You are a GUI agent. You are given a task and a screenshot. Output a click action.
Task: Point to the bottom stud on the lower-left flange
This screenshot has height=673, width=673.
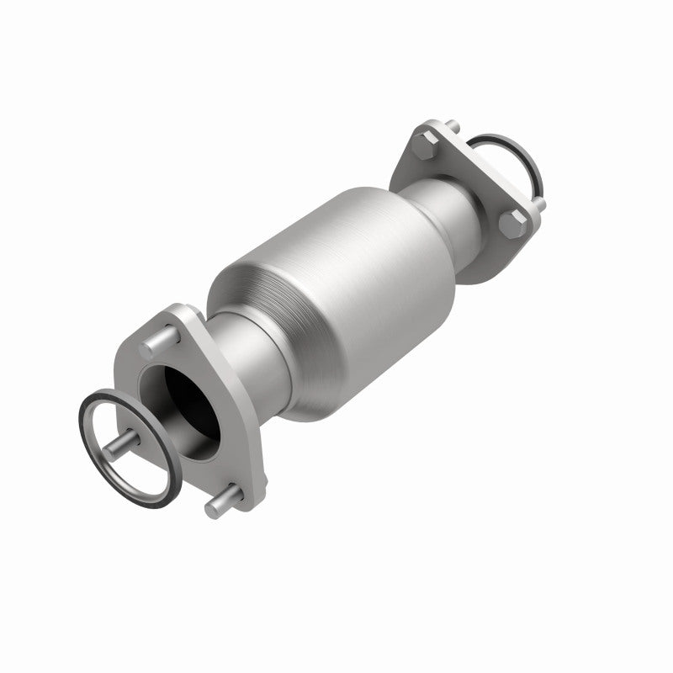[x=221, y=503]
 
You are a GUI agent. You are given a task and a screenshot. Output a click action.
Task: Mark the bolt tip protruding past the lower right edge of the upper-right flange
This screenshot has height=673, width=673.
[x=541, y=204]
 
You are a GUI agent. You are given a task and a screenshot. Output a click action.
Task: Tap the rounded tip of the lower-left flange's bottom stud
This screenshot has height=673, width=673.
[x=209, y=506]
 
